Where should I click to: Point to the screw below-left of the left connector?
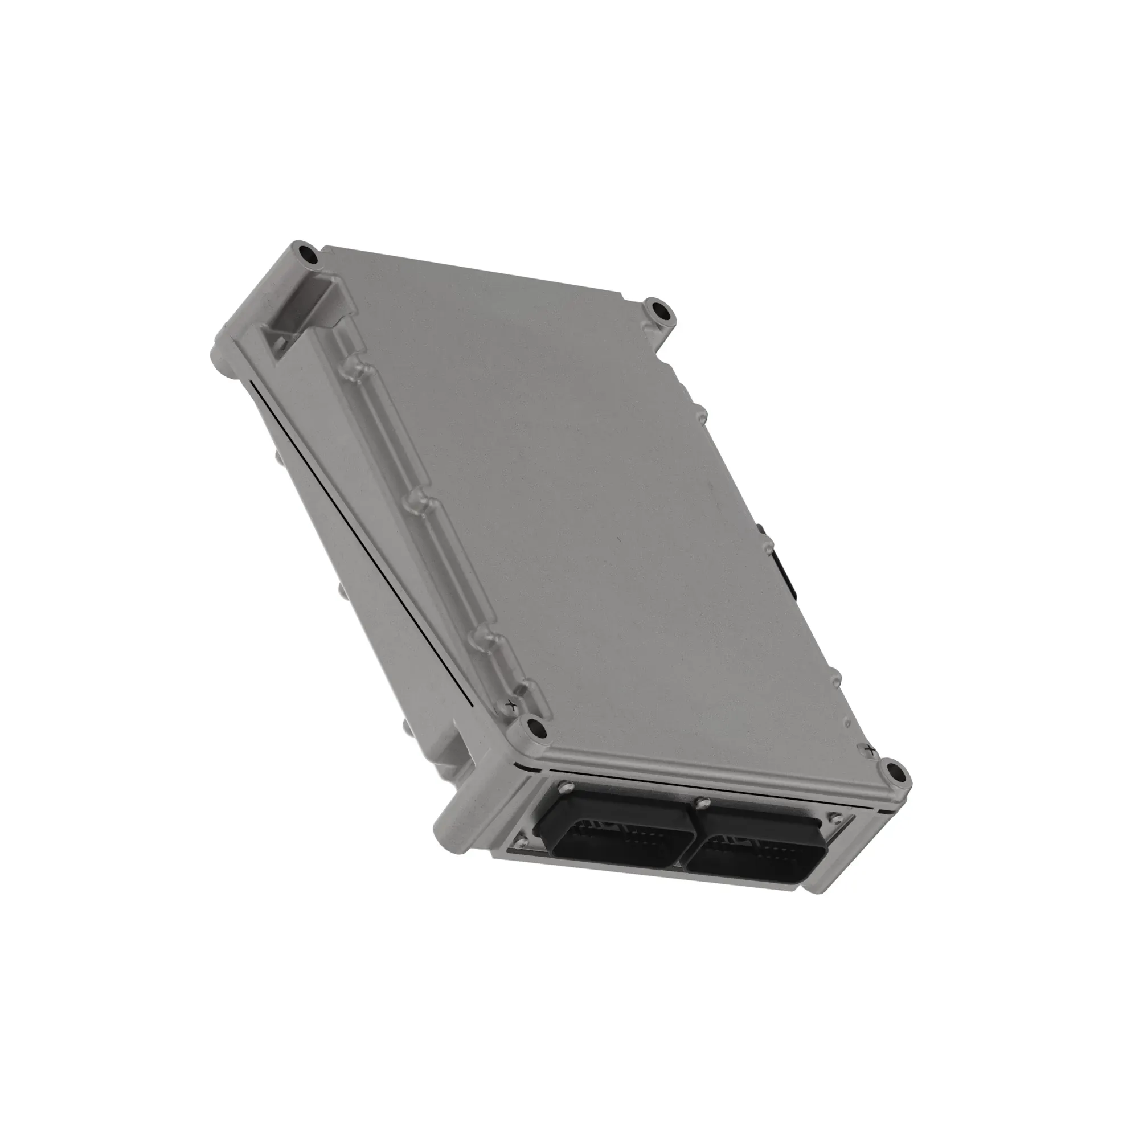pos(519,841)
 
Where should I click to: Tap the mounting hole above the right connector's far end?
pos(895,771)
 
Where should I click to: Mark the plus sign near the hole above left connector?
pos(511,704)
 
